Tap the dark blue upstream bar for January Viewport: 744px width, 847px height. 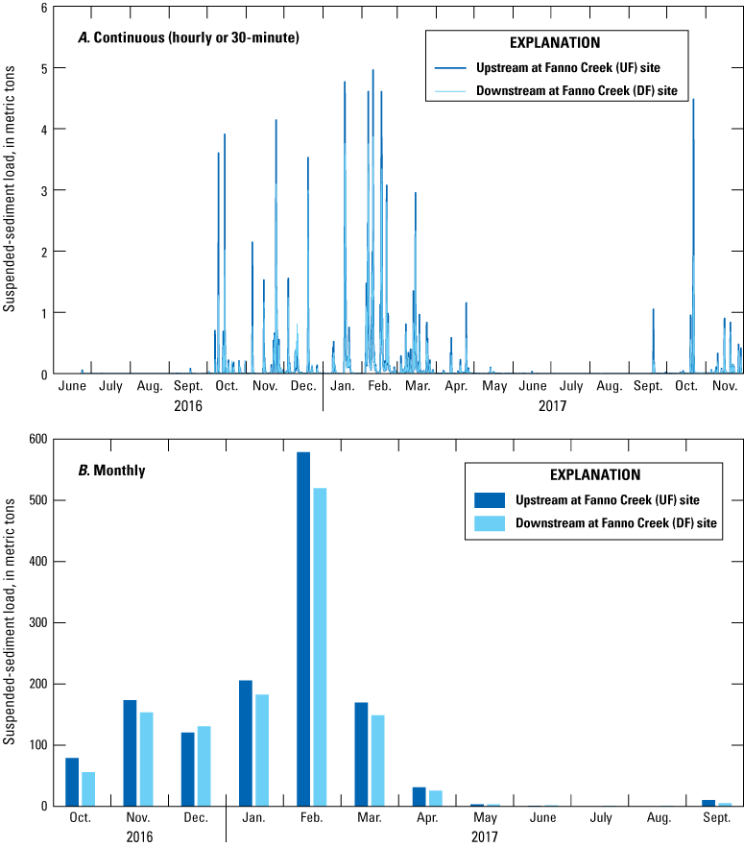(246, 743)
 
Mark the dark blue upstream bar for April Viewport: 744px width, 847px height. (420, 797)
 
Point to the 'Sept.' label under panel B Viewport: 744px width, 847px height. (716, 817)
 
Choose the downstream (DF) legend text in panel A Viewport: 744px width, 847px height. (578, 91)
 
